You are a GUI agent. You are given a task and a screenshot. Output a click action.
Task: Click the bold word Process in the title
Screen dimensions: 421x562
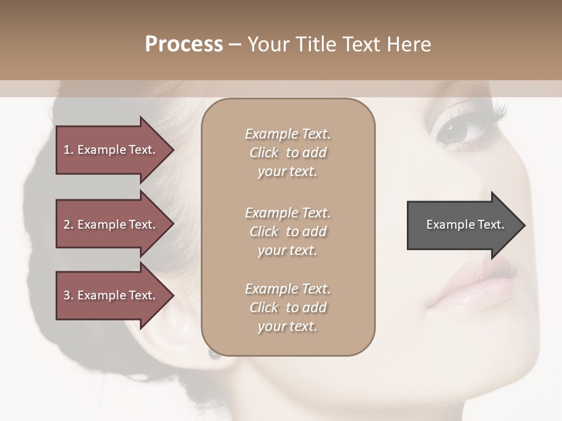pyautogui.click(x=184, y=44)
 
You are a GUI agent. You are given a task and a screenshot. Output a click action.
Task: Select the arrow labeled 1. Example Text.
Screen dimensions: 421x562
pyautogui.click(x=111, y=150)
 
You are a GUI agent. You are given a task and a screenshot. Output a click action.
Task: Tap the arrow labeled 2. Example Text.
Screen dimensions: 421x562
pyautogui.click(x=111, y=225)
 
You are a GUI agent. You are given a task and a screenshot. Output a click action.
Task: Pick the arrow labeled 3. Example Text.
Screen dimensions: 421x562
pyautogui.click(x=111, y=295)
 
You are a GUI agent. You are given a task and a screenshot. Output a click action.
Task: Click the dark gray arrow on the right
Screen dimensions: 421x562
pyautogui.click(x=462, y=225)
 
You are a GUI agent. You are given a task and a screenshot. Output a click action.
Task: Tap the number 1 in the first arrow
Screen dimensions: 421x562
pyautogui.click(x=67, y=150)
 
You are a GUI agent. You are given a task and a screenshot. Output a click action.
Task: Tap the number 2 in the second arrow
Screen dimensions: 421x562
pyautogui.click(x=67, y=225)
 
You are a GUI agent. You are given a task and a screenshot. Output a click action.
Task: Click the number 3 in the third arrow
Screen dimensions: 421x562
pyautogui.click(x=67, y=295)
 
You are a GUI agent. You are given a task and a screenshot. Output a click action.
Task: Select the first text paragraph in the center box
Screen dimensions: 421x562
pyautogui.click(x=287, y=153)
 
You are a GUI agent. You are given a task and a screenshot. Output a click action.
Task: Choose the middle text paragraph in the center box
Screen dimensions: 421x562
pyautogui.click(x=287, y=232)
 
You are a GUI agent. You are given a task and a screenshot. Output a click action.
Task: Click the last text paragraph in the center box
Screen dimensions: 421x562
pyautogui.click(x=287, y=308)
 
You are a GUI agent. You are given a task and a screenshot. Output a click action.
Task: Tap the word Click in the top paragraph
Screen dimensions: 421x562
pyautogui.click(x=263, y=153)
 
